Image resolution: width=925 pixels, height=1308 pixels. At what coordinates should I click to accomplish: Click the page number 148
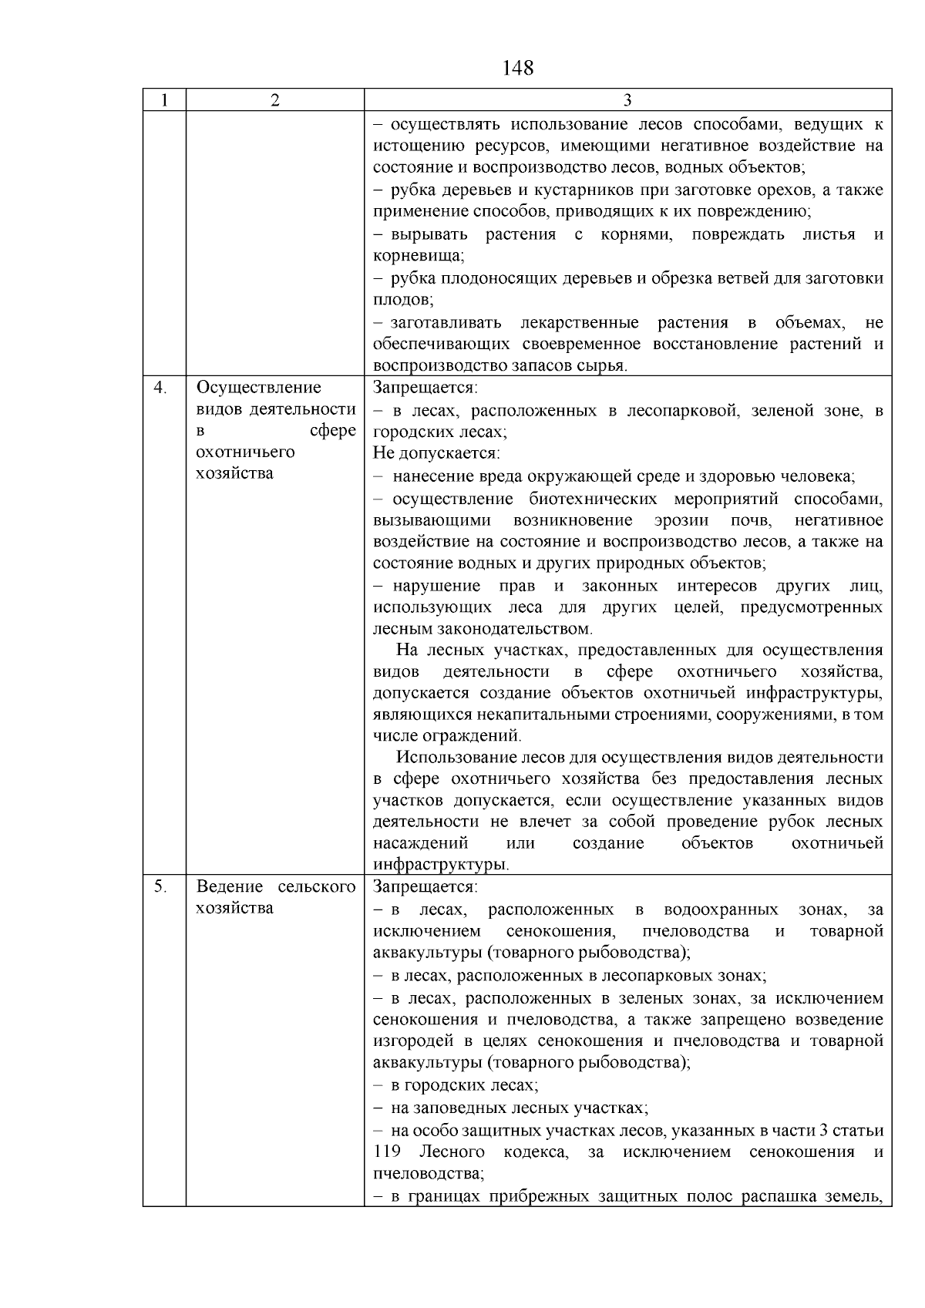[x=517, y=68]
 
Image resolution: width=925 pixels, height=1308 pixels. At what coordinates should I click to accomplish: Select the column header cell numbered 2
[x=275, y=100]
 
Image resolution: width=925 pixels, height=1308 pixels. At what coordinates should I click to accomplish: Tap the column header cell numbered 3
[x=627, y=100]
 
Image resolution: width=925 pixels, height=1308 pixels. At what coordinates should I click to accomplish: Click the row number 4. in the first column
[x=160, y=388]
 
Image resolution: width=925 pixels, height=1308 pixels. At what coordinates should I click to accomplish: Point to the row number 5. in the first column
[x=160, y=886]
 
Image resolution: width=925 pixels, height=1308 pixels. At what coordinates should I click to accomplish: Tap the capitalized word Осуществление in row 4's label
[x=259, y=388]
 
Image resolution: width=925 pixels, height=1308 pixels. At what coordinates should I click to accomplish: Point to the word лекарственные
[x=580, y=322]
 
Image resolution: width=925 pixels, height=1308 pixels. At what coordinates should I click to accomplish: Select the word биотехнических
[x=593, y=499]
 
